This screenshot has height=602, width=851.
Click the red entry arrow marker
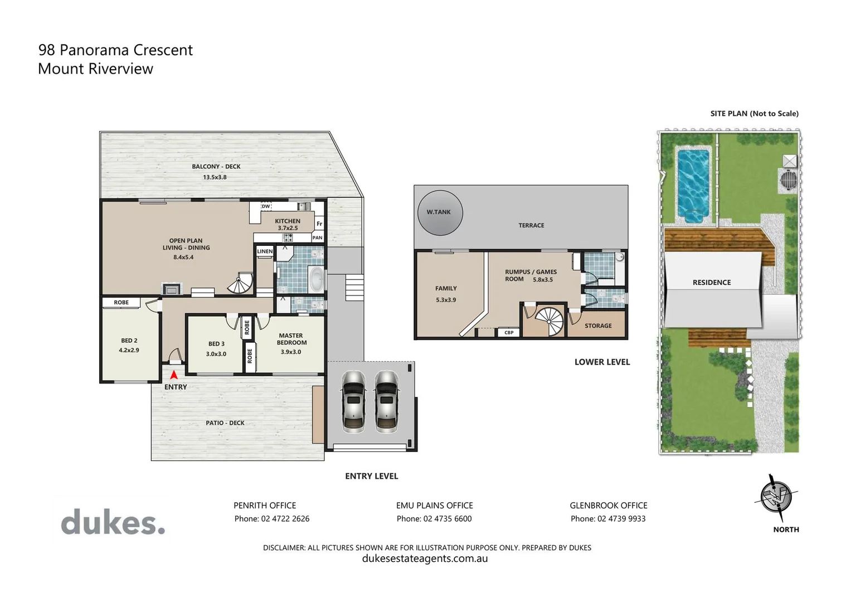click(x=174, y=375)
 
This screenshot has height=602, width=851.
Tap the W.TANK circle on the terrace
click(x=440, y=212)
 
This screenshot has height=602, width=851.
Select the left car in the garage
click(x=353, y=401)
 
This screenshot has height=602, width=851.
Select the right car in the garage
click(x=386, y=401)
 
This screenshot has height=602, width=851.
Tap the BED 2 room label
click(x=129, y=341)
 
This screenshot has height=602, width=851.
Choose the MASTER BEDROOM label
click(x=291, y=339)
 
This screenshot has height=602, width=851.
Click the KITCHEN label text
click(x=288, y=221)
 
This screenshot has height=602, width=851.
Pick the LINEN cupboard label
click(x=265, y=251)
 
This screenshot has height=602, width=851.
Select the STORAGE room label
click(x=598, y=326)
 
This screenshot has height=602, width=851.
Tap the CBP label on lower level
click(x=509, y=332)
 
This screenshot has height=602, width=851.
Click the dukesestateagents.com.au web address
click(x=425, y=559)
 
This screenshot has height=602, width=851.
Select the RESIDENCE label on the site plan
click(x=711, y=283)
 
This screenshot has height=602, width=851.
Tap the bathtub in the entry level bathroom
click(x=316, y=279)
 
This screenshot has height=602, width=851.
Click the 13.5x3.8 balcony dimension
click(x=215, y=177)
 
